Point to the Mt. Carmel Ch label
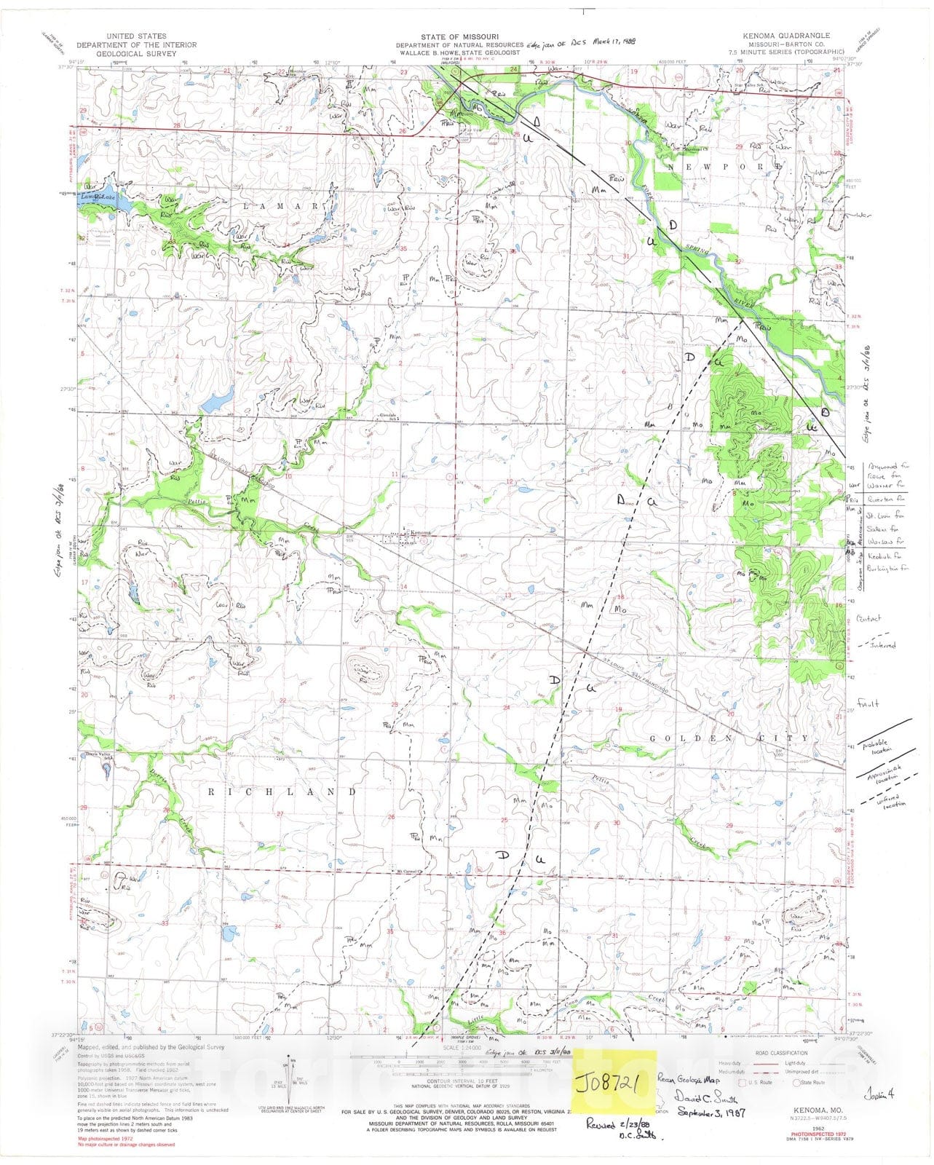(x=410, y=872)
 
